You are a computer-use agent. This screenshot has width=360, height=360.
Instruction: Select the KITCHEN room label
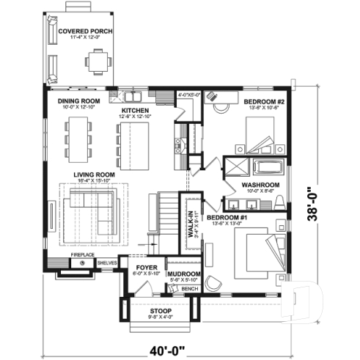click(x=135, y=111)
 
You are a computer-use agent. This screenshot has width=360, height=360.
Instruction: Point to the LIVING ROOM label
click(x=92, y=175)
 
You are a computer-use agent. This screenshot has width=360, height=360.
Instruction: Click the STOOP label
click(x=161, y=311)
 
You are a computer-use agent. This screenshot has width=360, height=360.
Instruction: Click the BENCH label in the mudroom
click(x=190, y=289)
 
